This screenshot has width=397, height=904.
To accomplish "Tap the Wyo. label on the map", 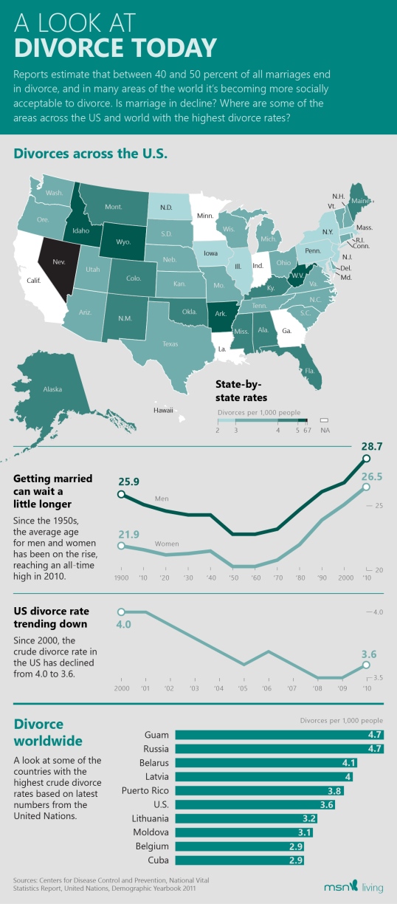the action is coord(123,242).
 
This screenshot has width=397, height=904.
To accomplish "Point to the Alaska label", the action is coord(53,389).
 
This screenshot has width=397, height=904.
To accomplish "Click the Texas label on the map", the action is coord(170,344).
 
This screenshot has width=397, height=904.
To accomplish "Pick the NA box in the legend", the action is coord(324,420).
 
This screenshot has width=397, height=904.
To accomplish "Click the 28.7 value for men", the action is coord(372,446).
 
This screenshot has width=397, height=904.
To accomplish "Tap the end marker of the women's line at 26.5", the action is coord(366,487).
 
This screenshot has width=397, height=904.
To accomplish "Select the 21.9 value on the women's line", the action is coord(128,534).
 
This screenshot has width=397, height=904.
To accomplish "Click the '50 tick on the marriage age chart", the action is coord(234,578).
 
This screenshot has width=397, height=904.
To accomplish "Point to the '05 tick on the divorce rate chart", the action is coord(243,688).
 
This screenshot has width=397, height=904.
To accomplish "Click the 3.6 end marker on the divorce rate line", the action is coord(366,665).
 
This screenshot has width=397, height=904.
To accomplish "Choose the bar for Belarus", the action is coord(266,763).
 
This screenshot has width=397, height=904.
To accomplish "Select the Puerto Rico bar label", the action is coord(145,790).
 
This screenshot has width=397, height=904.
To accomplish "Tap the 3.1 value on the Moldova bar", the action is coord(304,832).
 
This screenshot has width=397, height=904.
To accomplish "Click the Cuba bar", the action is coord(239,860).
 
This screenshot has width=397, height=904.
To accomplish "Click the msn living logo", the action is coord(353,887).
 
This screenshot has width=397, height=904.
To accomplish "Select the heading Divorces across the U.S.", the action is coord(90,154).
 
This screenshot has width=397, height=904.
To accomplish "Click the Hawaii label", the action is coord(163,410).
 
